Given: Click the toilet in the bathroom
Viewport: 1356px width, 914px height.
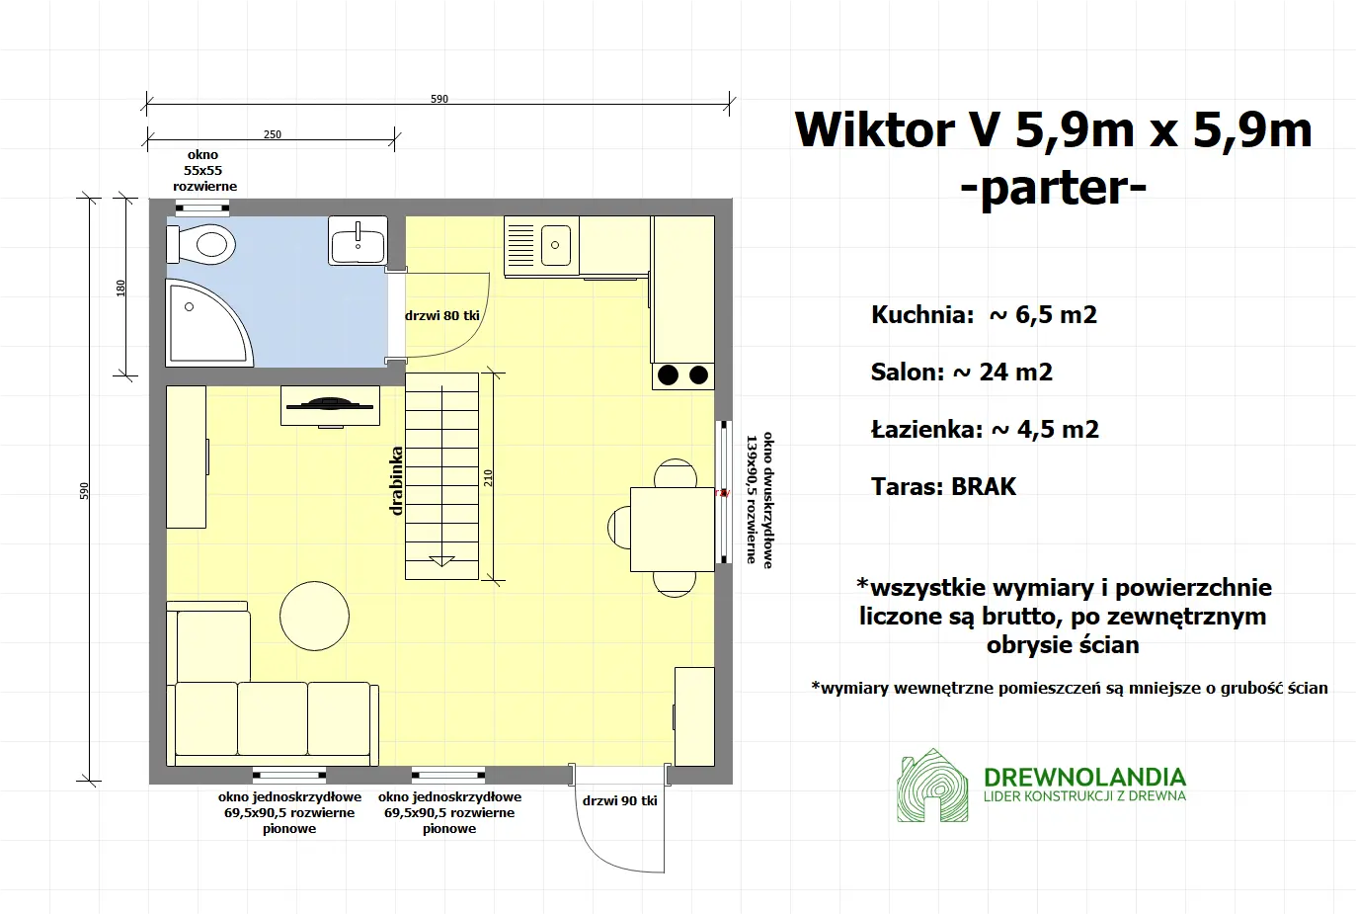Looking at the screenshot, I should point(204,243).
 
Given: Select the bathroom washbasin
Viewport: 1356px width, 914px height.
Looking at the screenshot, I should point(358,242).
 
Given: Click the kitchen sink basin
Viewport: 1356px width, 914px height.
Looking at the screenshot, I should point(556,245).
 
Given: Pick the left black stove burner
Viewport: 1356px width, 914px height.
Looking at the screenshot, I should point(669,374).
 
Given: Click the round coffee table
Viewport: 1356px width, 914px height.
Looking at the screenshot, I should point(314,615).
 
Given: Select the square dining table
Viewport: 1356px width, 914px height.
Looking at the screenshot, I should point(672,529).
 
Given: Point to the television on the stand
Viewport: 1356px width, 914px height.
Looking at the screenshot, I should point(330,403).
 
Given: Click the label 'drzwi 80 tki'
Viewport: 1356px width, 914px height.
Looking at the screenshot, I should point(442,316).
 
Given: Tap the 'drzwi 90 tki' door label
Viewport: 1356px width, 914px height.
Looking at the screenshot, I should point(619,800).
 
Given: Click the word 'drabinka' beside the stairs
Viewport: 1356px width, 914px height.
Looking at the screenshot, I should point(397,481).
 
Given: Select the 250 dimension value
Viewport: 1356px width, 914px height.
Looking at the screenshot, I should point(273,134).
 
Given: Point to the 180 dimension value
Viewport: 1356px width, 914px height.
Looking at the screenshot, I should point(120,288).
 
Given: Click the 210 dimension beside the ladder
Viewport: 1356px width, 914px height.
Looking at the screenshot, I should point(488,477).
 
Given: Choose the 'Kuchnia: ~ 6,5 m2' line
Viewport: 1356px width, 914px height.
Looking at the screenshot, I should point(984,315).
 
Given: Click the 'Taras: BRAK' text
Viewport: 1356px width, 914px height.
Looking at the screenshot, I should point(943,486).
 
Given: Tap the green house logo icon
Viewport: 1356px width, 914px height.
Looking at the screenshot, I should point(932,787).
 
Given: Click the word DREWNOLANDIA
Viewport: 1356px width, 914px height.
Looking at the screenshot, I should point(1084,777).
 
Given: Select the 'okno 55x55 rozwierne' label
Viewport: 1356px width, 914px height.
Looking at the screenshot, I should point(204,170).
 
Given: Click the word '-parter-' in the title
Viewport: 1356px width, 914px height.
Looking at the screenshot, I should point(1053,187).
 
